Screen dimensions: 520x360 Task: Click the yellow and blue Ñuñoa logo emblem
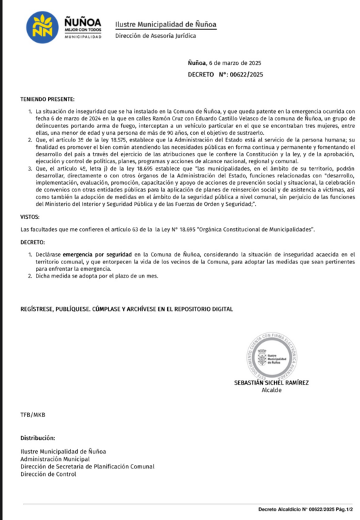(42, 27)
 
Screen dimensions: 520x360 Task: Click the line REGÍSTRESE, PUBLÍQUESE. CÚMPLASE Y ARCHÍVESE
(127, 309)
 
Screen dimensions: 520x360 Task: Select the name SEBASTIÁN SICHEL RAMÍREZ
(271, 383)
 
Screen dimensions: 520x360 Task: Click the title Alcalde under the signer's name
(271, 390)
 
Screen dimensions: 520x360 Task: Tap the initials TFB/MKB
(33, 414)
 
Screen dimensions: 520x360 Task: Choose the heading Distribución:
(37, 438)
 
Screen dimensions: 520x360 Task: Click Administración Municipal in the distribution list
(55, 458)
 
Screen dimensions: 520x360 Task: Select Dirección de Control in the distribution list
(48, 474)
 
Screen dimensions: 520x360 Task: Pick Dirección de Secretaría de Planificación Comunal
(87, 467)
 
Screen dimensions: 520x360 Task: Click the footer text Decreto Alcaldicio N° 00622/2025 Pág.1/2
(305, 509)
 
